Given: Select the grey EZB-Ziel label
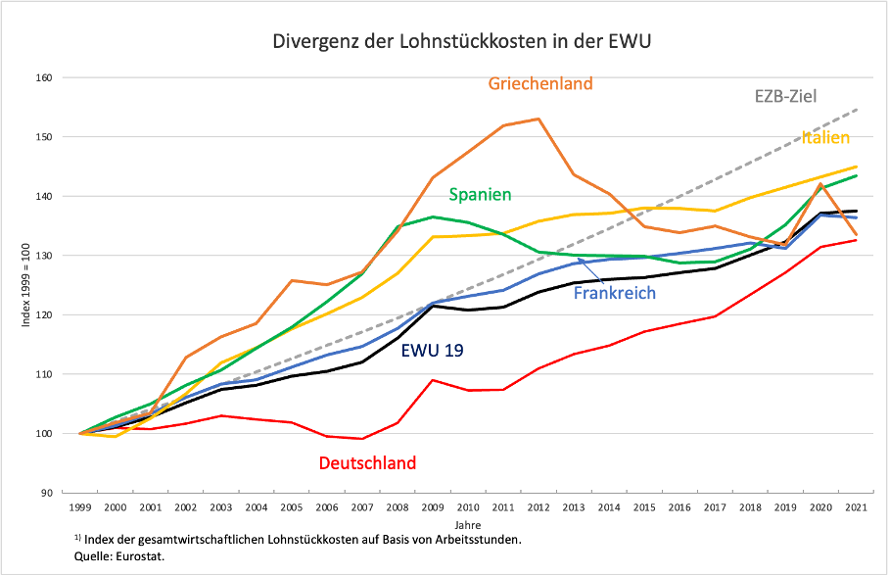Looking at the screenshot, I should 785,96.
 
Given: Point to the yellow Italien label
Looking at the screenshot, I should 825,137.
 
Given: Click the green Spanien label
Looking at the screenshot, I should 480,195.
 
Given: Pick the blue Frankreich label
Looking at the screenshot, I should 614,293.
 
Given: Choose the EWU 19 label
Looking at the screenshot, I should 434,349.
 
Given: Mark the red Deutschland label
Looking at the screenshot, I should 367,462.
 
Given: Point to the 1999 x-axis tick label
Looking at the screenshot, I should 79,507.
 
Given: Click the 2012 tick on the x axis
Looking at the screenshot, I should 538,507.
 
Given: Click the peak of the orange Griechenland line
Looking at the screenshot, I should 538,119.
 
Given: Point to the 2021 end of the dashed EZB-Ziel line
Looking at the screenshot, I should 857,110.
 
